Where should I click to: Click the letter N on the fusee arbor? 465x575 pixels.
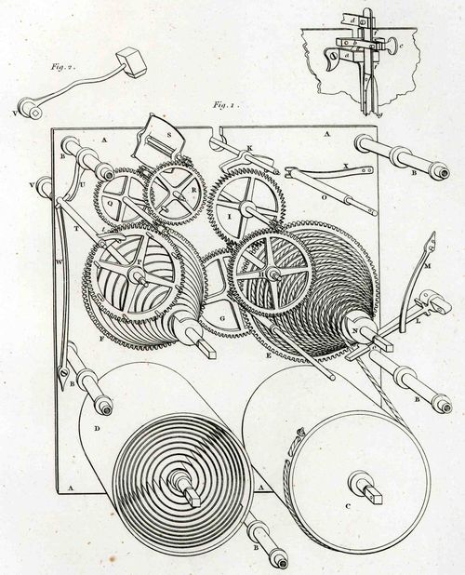point(355,328)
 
